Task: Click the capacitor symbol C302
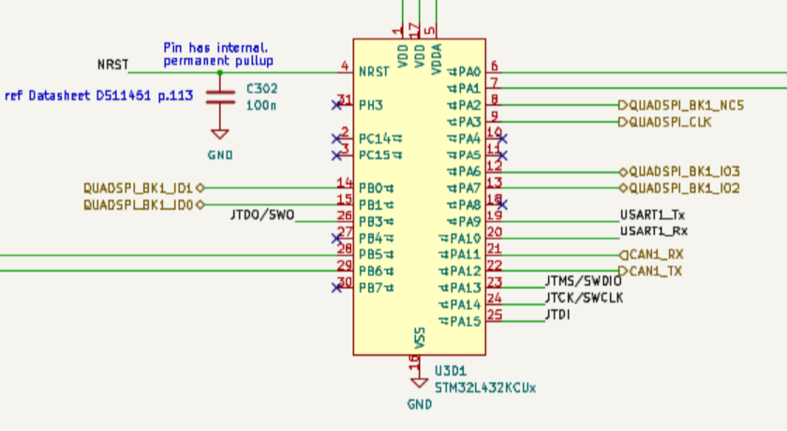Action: [x=220, y=96]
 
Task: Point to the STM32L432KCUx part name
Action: [x=485, y=387]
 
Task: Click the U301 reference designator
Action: [x=453, y=370]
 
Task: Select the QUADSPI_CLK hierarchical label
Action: [x=669, y=122]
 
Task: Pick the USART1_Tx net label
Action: [x=652, y=215]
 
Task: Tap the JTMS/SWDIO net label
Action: [x=583, y=281]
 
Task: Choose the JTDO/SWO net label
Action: [x=261, y=215]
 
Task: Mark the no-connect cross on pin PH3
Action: [x=335, y=105]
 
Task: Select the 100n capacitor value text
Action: [x=260, y=106]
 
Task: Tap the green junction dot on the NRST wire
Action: [x=220, y=71]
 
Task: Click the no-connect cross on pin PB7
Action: [x=335, y=288]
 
